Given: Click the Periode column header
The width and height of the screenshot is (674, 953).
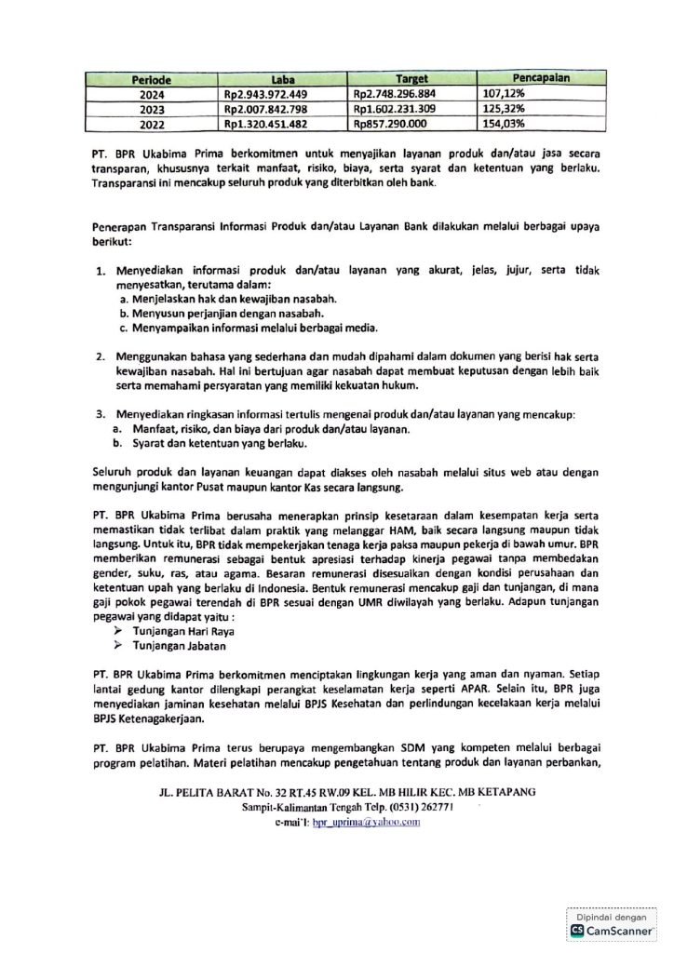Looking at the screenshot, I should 151,81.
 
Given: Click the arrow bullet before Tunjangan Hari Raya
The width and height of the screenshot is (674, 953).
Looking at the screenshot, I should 117,630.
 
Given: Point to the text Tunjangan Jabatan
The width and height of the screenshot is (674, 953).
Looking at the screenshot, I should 179,645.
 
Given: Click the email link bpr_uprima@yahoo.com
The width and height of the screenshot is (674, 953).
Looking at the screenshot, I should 358,823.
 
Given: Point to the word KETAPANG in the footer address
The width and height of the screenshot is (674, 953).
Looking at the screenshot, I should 504,792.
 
